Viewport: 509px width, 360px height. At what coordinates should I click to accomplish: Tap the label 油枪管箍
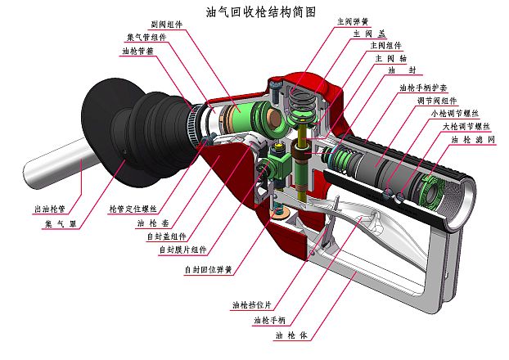click(138, 51)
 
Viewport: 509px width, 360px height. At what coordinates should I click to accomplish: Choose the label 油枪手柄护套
click(423, 88)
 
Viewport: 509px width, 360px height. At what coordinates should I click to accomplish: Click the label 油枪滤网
click(475, 140)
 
